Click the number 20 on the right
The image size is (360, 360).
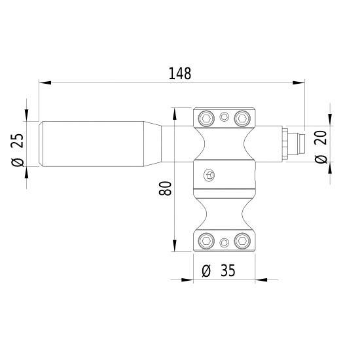(x=321, y=137)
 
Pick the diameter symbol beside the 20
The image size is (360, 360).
(x=321, y=159)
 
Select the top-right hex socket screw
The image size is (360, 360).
(x=242, y=118)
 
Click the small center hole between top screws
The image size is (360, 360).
(x=225, y=117)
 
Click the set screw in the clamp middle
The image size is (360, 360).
(x=209, y=175)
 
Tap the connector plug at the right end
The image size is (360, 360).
(x=293, y=143)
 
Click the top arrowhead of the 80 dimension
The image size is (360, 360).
(x=175, y=112)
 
